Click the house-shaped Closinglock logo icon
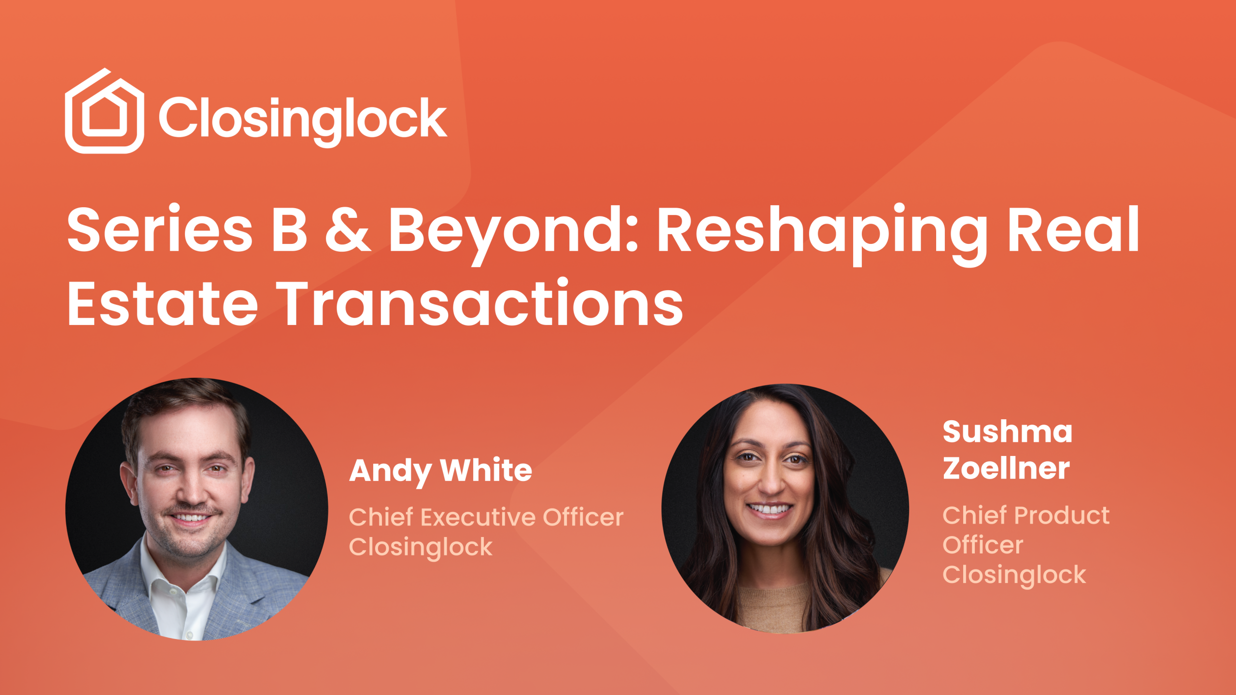click(104, 111)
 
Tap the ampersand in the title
click(348, 229)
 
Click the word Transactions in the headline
click(479, 303)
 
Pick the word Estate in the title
click(163, 303)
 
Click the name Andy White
click(440, 472)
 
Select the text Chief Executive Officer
click(486, 517)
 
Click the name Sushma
click(1008, 431)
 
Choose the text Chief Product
click(1026, 515)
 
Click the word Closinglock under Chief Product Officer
click(1014, 575)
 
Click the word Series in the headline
click(160, 229)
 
